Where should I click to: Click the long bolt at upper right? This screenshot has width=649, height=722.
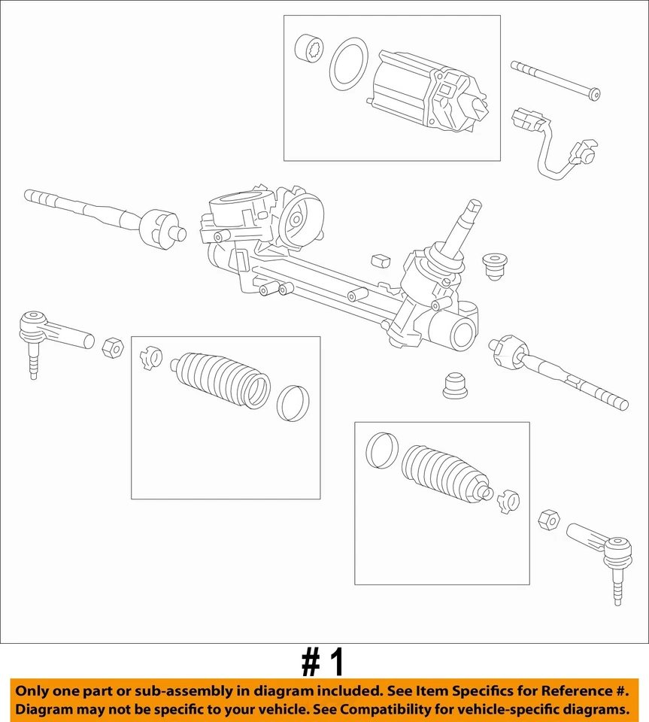(555, 80)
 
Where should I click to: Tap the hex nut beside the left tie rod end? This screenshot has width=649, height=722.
(111, 347)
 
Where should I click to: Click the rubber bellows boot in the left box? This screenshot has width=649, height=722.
(222, 379)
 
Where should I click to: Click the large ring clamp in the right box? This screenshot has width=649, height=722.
(381, 450)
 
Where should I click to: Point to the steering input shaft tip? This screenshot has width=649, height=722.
(473, 207)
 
